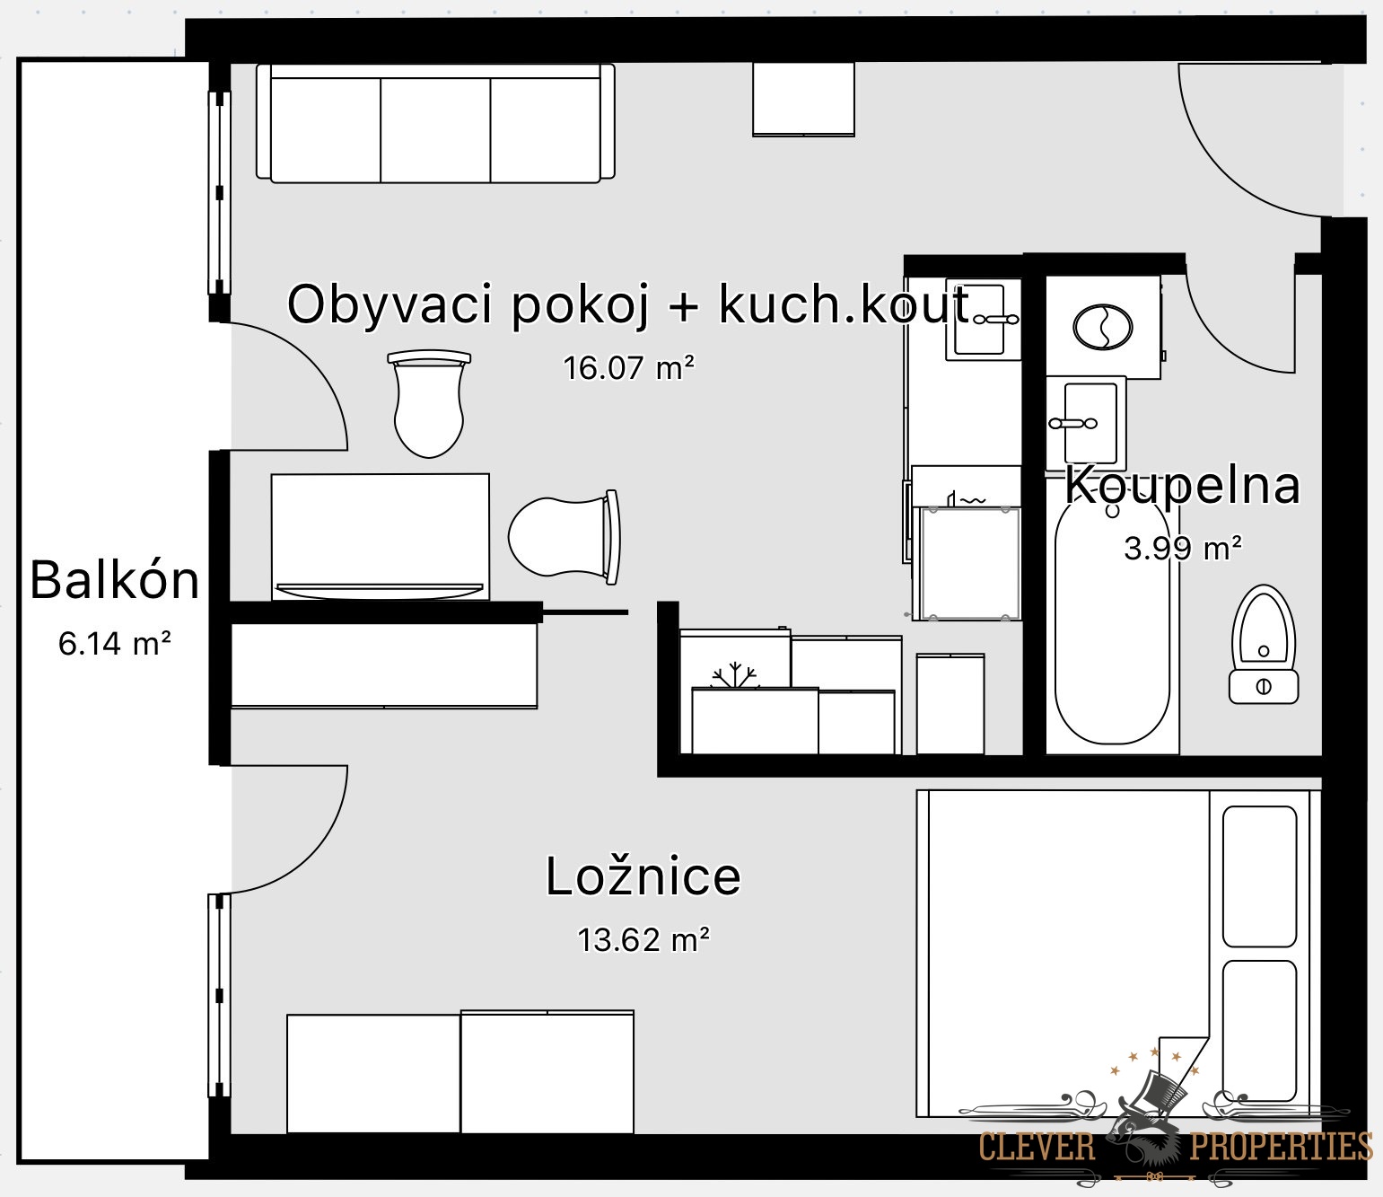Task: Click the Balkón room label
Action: pyautogui.click(x=114, y=580)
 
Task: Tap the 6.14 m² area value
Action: pyautogui.click(x=114, y=643)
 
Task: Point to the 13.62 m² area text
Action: pyautogui.click(x=643, y=939)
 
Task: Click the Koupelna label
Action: pyautogui.click(x=1182, y=485)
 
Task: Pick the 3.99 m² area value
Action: pyautogui.click(x=1182, y=549)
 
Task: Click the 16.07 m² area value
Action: pyautogui.click(x=628, y=367)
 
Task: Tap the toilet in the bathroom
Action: pyautogui.click(x=1264, y=644)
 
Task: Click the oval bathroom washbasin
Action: pyautogui.click(x=1103, y=328)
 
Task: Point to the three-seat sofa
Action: pyautogui.click(x=435, y=123)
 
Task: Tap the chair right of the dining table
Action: pyautogui.click(x=564, y=537)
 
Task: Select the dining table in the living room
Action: pyautogui.click(x=380, y=537)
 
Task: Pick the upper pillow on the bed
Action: pyautogui.click(x=1260, y=876)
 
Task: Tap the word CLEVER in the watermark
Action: pyautogui.click(x=1037, y=1146)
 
